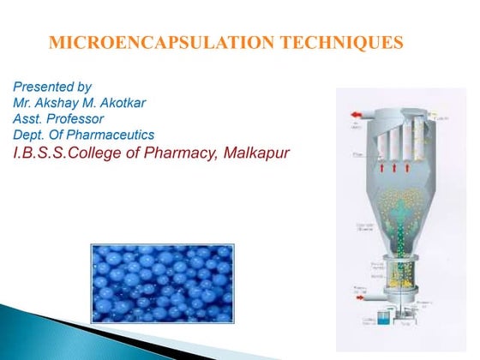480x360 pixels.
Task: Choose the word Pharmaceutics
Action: [108, 135]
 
